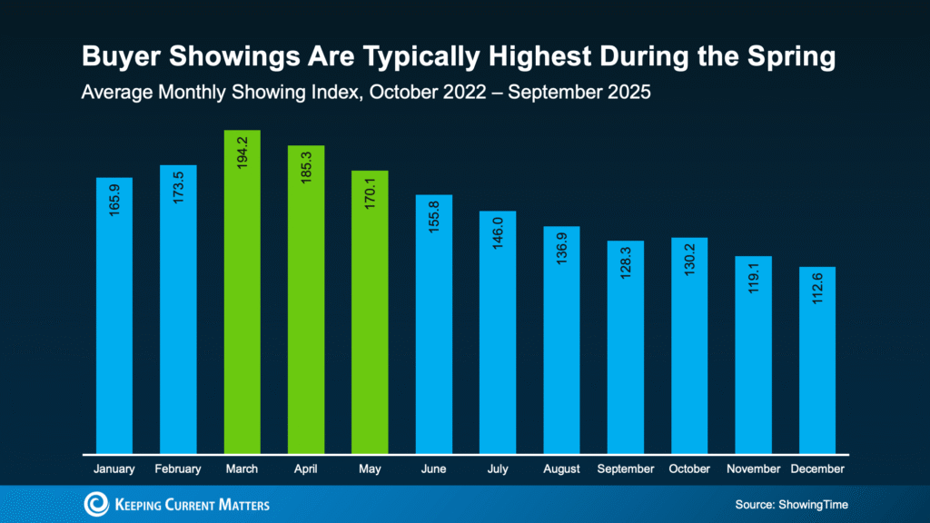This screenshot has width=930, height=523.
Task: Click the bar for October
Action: point(689,345)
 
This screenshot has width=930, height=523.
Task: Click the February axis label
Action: point(178,469)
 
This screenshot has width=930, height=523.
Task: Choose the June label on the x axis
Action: point(434,469)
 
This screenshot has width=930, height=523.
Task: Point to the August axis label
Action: point(561,469)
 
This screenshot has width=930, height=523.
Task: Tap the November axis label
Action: point(753,469)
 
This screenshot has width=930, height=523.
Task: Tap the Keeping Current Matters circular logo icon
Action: point(96,504)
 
